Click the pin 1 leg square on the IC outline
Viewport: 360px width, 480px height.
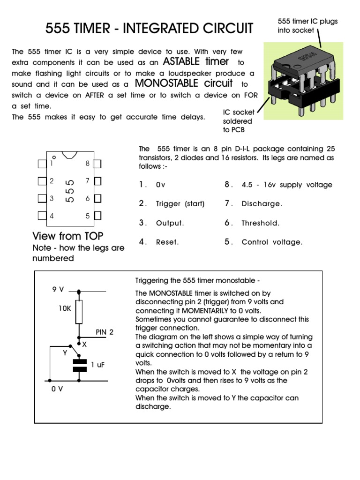[42, 164]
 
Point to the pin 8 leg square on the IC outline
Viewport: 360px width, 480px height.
[97, 164]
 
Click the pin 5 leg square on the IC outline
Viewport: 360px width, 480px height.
[97, 216]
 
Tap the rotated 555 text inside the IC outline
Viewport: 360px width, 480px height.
[70, 190]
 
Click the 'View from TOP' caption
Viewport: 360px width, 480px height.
[67, 235]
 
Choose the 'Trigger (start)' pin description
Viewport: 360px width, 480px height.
[180, 204]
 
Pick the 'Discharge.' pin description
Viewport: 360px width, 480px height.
[262, 204]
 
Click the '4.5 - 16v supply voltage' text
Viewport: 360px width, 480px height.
[286, 185]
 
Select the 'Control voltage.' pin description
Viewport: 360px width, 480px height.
[272, 242]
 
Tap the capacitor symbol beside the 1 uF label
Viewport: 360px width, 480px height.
[80, 365]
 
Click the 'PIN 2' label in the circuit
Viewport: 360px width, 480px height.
[105, 332]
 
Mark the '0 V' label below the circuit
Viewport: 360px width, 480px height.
[57, 389]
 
